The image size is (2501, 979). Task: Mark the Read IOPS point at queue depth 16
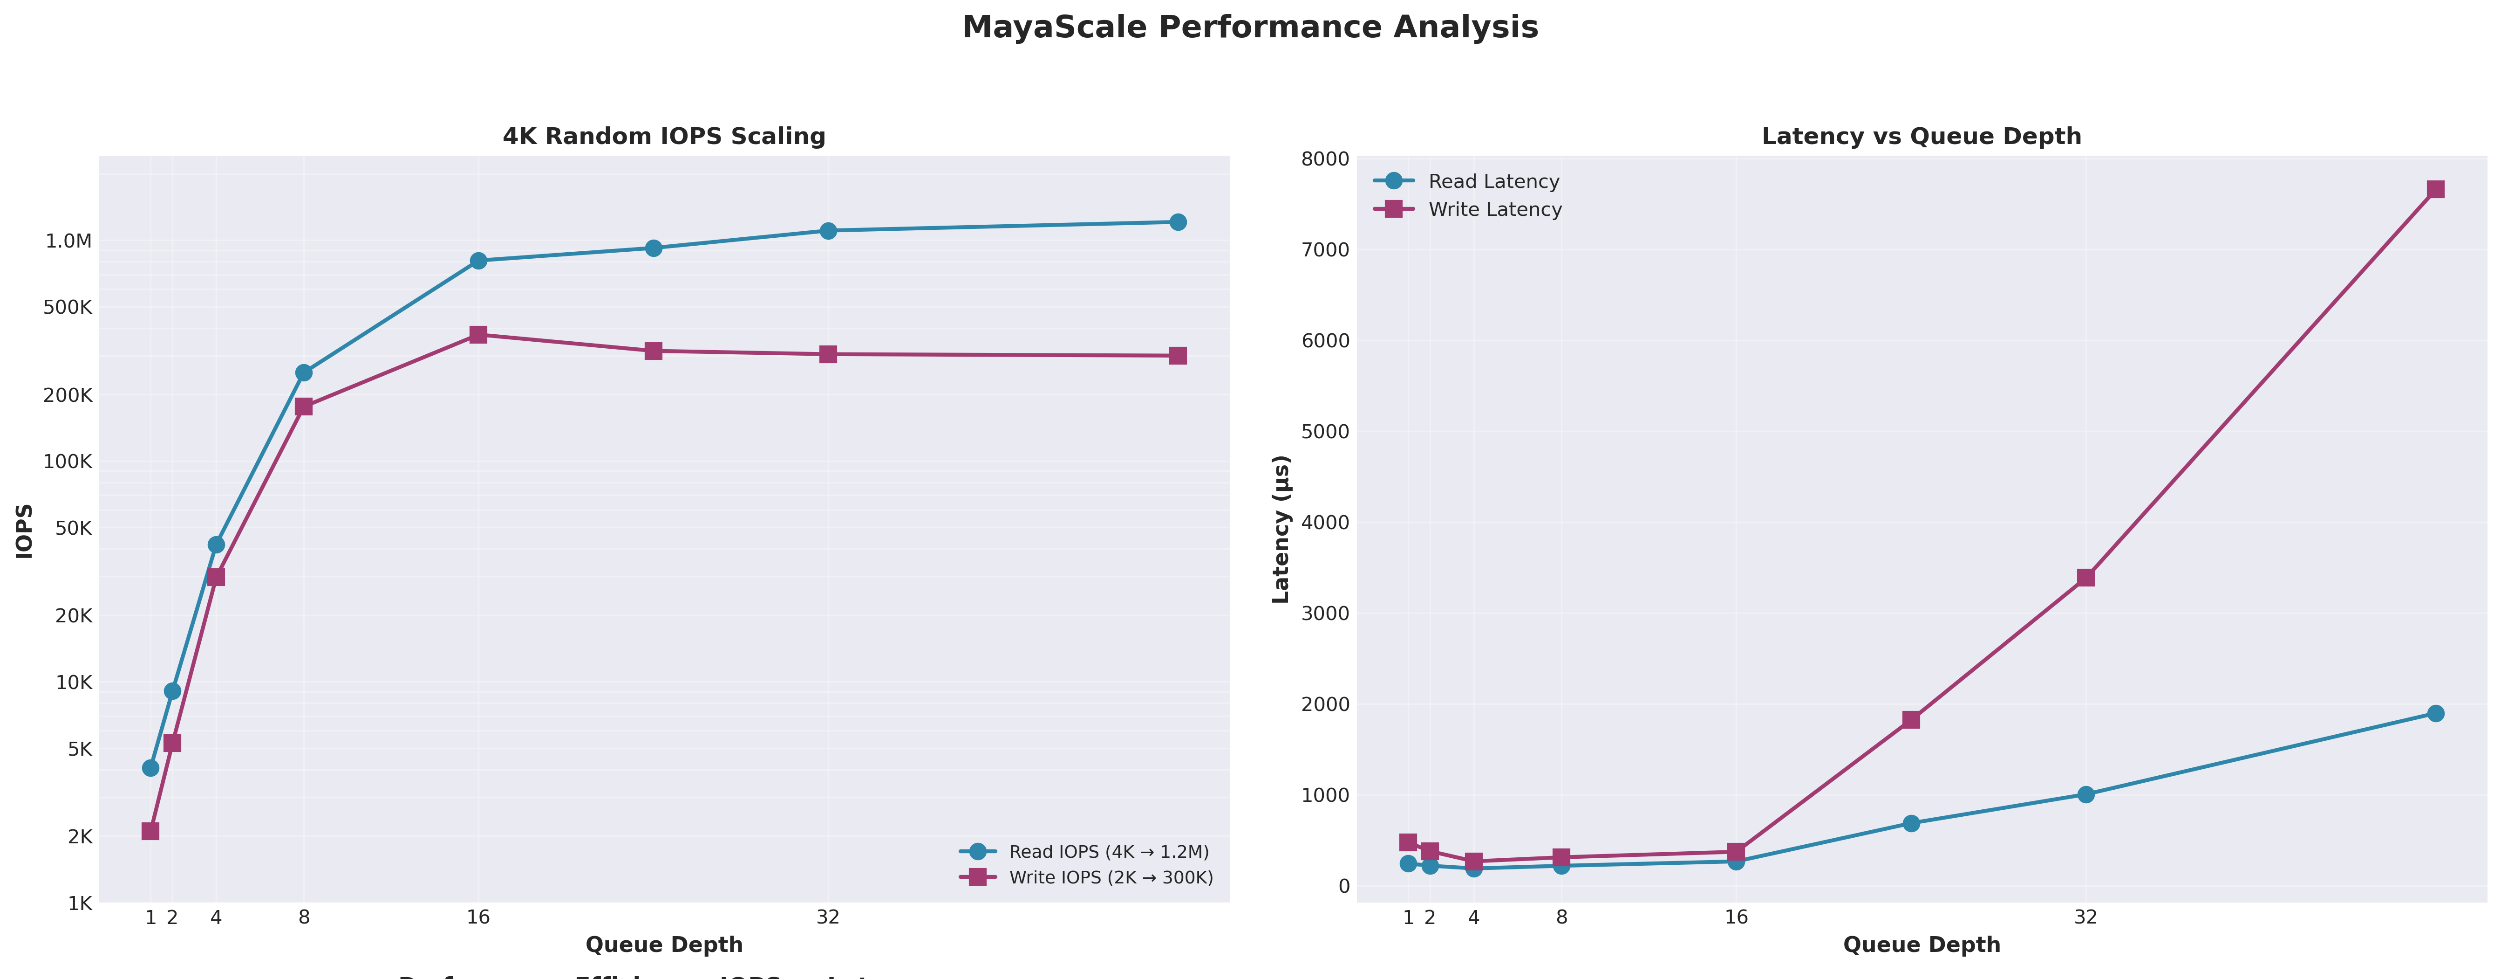[477, 260]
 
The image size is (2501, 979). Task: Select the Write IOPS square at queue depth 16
[477, 334]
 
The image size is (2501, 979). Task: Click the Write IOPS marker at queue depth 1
[150, 831]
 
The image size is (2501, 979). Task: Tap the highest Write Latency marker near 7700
[2435, 189]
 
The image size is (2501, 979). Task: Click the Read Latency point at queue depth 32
[2085, 794]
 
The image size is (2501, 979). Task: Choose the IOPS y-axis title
[25, 531]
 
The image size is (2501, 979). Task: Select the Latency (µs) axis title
[1281, 529]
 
